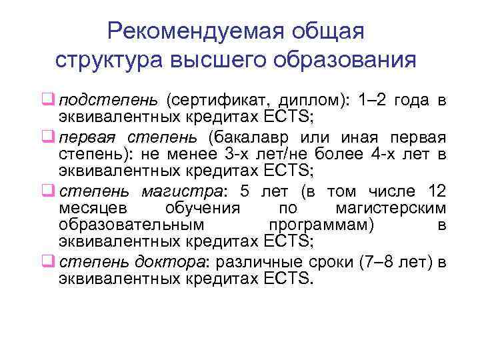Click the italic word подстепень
[108, 101]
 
